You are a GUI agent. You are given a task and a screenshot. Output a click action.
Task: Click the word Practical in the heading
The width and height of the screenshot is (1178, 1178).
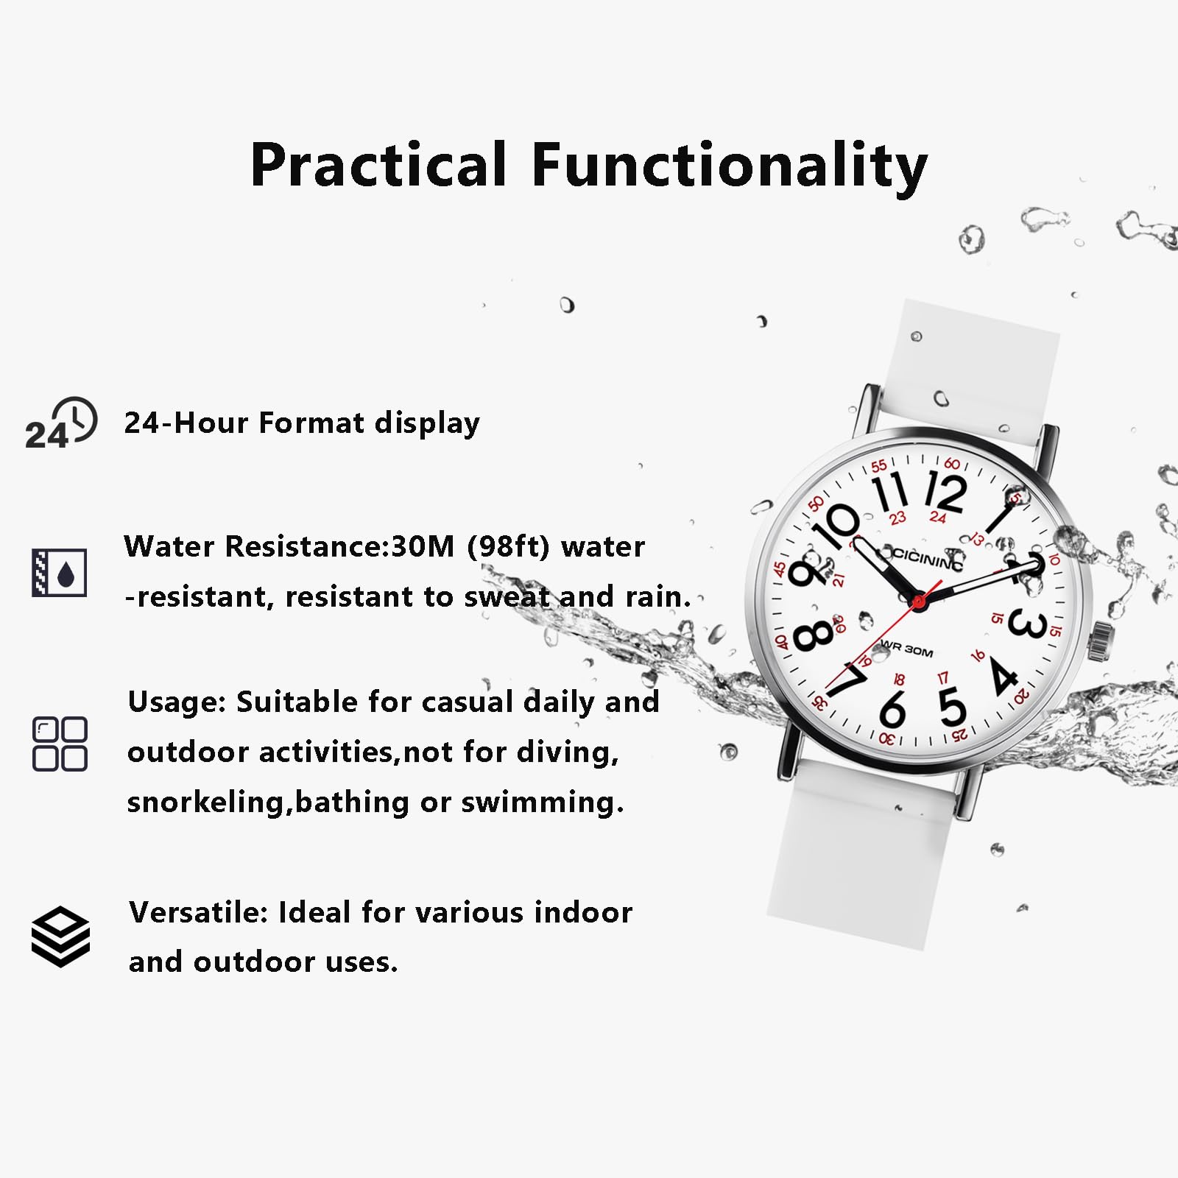378,165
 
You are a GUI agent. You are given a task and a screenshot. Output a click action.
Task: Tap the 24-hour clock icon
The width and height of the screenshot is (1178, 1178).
61,423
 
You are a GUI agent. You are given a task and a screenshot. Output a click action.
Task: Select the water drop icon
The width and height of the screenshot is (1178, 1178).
60,572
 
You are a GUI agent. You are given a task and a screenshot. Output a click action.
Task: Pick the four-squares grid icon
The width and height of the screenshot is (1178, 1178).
60,744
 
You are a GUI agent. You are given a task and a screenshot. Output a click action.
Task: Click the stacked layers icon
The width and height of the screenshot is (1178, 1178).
60,937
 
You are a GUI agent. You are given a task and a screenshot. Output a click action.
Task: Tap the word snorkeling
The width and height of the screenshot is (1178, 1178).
205,802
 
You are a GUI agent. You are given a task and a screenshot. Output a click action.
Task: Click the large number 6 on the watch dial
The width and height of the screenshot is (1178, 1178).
892,708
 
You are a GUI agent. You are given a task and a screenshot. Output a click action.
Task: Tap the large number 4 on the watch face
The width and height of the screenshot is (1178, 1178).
1003,676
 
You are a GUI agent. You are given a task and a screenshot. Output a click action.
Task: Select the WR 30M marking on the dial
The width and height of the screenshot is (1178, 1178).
907,649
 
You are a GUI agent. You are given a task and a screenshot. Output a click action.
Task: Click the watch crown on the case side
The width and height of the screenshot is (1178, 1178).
1100,640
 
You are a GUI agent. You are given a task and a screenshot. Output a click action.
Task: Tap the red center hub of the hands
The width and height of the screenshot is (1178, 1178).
918,602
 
